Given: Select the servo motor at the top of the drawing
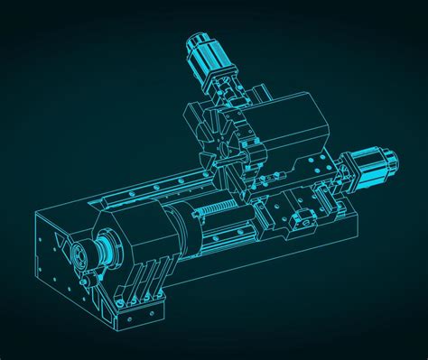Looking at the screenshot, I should pos(209,60).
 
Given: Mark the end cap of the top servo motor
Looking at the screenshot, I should pos(197,42).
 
